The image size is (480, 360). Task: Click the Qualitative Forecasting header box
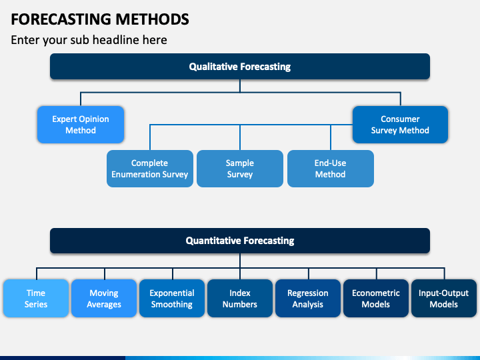pos(240,67)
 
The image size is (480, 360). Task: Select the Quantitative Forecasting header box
pos(240,241)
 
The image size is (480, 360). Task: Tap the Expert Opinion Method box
pos(81,125)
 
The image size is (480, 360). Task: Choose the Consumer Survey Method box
pos(400,125)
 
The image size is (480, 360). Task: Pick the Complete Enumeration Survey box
pos(150,169)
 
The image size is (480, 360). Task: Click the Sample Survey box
pos(240,169)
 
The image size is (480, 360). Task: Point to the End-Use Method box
pos(331,169)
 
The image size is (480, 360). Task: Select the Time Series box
pos(36,298)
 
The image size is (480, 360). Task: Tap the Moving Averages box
pos(104,298)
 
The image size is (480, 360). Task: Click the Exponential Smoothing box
pos(172,298)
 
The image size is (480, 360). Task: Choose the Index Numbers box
pos(240,298)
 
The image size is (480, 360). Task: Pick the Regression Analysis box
pos(308,298)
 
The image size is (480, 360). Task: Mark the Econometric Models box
pos(376,298)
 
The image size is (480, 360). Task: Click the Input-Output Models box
pos(444,298)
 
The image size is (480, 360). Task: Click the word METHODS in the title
pos(152,19)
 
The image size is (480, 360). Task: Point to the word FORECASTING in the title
pos(61,19)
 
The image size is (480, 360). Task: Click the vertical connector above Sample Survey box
pos(240,137)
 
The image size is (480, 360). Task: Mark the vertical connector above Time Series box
pos(37,274)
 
